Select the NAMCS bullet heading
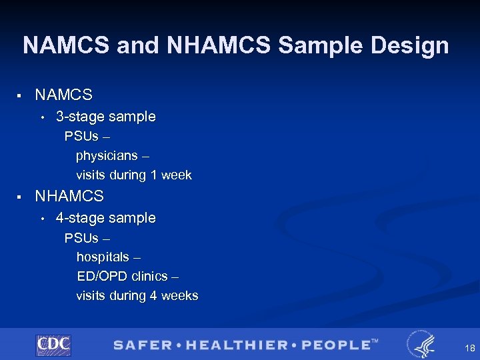pos(63,95)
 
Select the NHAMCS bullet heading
pos(69,196)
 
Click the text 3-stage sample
pos(105,117)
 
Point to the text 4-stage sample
pos(105,218)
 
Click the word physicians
pos(107,156)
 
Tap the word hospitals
pos(103,257)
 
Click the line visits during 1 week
pos(133,175)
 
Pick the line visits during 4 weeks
pos(137,295)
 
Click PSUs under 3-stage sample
pos(81,137)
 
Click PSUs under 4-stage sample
pos(81,238)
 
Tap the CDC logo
pos(53,345)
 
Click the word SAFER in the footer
pos(141,345)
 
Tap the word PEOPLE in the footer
pos(335,345)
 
